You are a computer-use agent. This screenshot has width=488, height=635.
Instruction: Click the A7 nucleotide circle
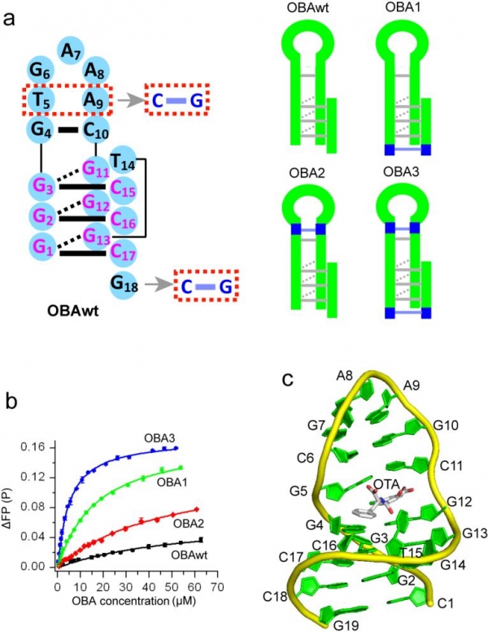coord(71,51)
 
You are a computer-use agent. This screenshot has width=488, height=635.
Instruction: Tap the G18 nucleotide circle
coord(124,285)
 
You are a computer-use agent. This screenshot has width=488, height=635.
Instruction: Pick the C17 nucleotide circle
coord(123,252)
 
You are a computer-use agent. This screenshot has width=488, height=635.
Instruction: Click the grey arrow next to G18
coord(158,285)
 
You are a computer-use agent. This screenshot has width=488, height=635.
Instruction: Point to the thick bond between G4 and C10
coord(68,130)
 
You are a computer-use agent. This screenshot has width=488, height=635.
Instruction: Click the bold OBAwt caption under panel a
coord(72,311)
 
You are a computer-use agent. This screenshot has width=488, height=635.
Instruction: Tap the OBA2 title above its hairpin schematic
coord(307,173)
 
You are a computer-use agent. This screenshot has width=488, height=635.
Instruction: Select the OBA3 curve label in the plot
coord(159,438)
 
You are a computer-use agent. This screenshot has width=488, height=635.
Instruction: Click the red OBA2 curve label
coord(189,524)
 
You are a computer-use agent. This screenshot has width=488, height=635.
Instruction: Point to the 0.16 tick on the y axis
coord(34,447)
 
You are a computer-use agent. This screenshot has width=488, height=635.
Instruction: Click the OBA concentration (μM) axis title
coord(134,601)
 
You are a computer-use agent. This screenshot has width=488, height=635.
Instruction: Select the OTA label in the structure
coord(386,484)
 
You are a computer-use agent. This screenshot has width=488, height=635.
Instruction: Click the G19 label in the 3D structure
coord(346,626)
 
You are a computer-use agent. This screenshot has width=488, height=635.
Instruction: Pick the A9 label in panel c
coord(412,385)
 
